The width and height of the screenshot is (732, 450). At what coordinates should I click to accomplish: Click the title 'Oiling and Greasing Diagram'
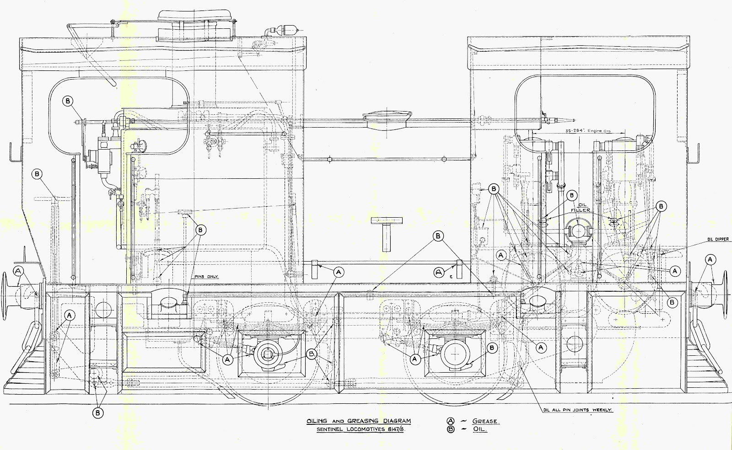tap(359, 421)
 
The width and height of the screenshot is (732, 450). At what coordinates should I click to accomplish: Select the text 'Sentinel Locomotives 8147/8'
tap(359, 430)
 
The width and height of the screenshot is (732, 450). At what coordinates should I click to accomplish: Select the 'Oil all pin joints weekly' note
tap(577, 410)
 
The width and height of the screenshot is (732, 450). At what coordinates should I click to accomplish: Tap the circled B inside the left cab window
tap(68, 101)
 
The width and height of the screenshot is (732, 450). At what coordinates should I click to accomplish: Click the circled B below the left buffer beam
tap(97, 413)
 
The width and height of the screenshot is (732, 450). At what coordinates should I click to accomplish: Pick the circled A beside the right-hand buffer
tap(710, 259)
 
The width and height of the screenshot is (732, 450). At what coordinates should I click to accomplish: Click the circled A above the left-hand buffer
tap(19, 270)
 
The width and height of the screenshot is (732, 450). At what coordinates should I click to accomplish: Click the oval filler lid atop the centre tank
tap(386, 118)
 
